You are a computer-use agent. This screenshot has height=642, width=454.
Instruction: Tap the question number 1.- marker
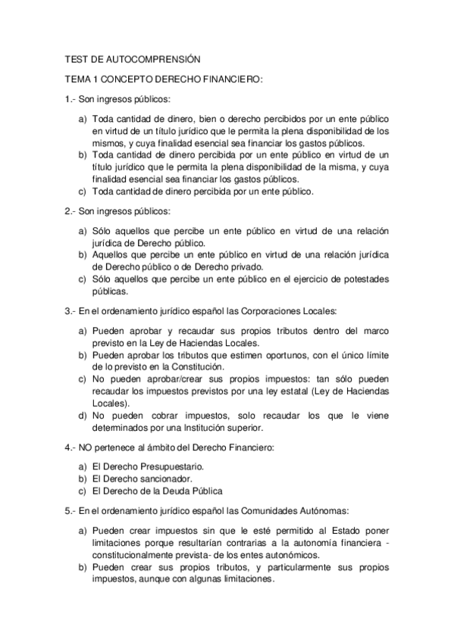70,99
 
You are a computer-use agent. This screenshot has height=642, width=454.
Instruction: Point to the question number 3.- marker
70,311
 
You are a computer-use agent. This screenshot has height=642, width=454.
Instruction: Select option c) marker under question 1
83,192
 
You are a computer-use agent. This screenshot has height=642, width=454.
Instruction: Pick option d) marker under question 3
83,415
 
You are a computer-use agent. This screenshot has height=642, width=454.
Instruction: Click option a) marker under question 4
83,466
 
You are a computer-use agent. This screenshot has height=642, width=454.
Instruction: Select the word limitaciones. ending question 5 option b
243,579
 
